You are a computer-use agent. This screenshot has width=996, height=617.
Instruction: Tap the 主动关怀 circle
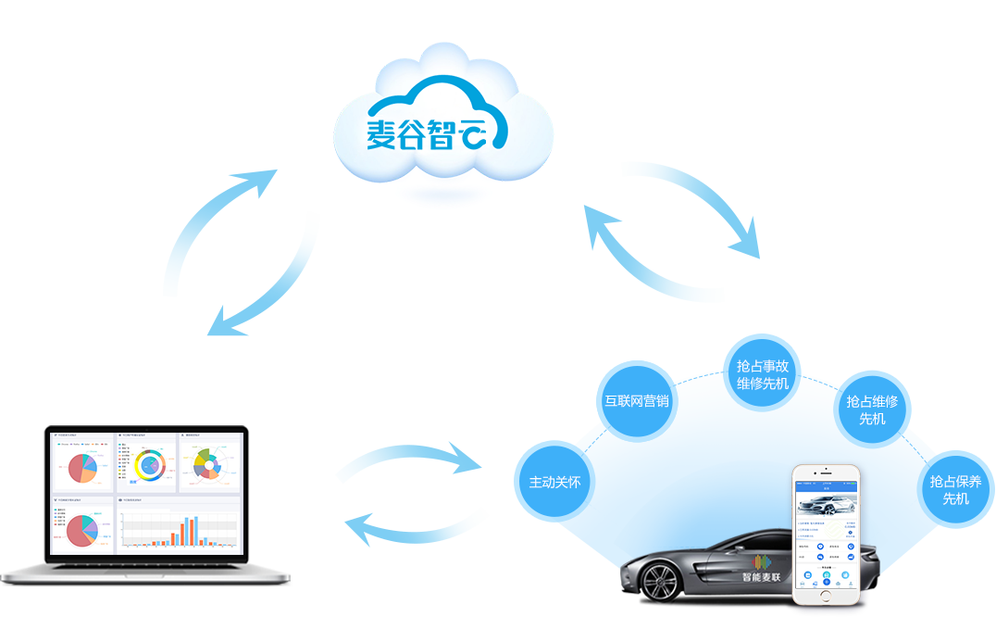point(554,482)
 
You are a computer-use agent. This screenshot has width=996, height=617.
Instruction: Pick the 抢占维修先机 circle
point(872,409)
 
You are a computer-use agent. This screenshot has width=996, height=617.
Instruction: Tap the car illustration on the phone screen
point(826,506)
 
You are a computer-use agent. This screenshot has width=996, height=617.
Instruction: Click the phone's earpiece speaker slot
point(826,472)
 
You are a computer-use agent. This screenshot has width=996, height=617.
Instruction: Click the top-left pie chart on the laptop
point(81,468)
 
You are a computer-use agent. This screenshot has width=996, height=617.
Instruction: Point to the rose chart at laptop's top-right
point(210,463)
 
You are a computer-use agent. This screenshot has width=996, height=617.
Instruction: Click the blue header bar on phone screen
point(826,485)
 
